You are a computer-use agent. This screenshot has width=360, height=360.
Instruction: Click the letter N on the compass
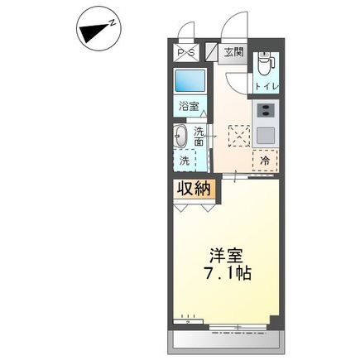[x=112, y=23]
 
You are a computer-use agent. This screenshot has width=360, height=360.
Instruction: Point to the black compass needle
[x=94, y=32]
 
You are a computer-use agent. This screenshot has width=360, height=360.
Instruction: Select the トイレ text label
[x=266, y=86]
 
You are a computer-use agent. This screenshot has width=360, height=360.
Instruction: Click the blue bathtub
[x=190, y=80]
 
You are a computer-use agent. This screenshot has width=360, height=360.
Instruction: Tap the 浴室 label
[x=189, y=106]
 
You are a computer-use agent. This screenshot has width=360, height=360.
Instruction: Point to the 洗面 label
[x=199, y=136]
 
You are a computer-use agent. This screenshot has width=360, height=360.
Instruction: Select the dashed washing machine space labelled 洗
[x=185, y=161]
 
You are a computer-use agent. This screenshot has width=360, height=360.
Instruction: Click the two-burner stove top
[x=266, y=111]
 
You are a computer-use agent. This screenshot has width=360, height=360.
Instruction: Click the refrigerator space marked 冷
[x=265, y=161]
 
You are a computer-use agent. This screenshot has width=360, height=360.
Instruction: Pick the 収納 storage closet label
[x=194, y=190]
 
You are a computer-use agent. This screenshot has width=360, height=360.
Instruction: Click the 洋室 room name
[x=226, y=256]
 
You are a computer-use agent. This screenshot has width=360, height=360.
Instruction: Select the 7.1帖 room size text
[x=228, y=273]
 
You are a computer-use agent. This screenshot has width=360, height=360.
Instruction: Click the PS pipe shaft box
[x=186, y=52]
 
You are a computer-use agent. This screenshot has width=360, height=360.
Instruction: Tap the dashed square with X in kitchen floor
[x=239, y=136]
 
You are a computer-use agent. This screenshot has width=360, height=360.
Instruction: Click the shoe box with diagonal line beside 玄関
[x=212, y=52]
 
